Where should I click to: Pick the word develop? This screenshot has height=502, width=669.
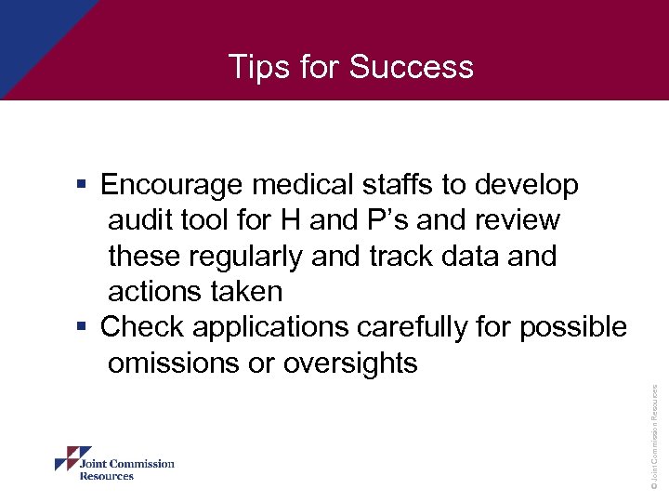[527, 186]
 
